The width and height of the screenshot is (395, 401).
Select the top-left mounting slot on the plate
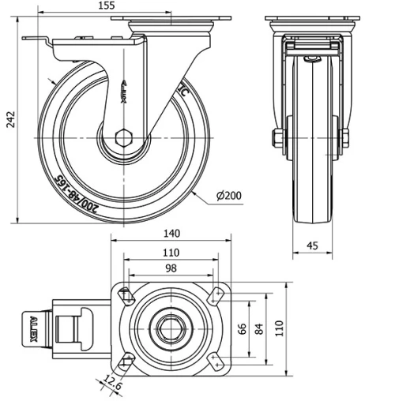[125, 296]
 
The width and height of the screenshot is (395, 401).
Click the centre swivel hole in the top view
[169, 328]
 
